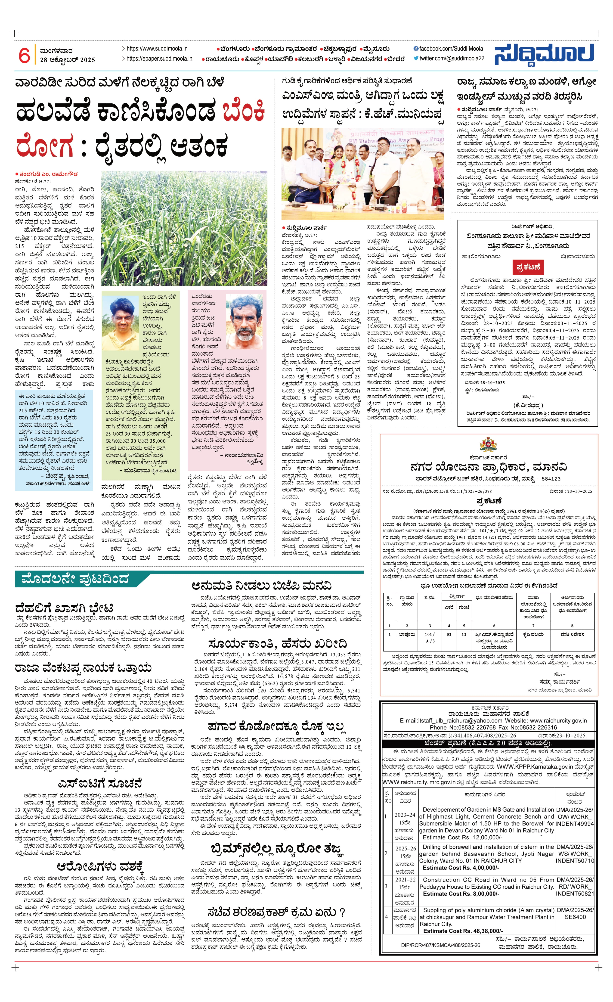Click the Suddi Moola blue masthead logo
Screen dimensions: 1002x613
544,54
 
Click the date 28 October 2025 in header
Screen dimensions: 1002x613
68,60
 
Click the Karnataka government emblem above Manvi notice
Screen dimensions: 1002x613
488,444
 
